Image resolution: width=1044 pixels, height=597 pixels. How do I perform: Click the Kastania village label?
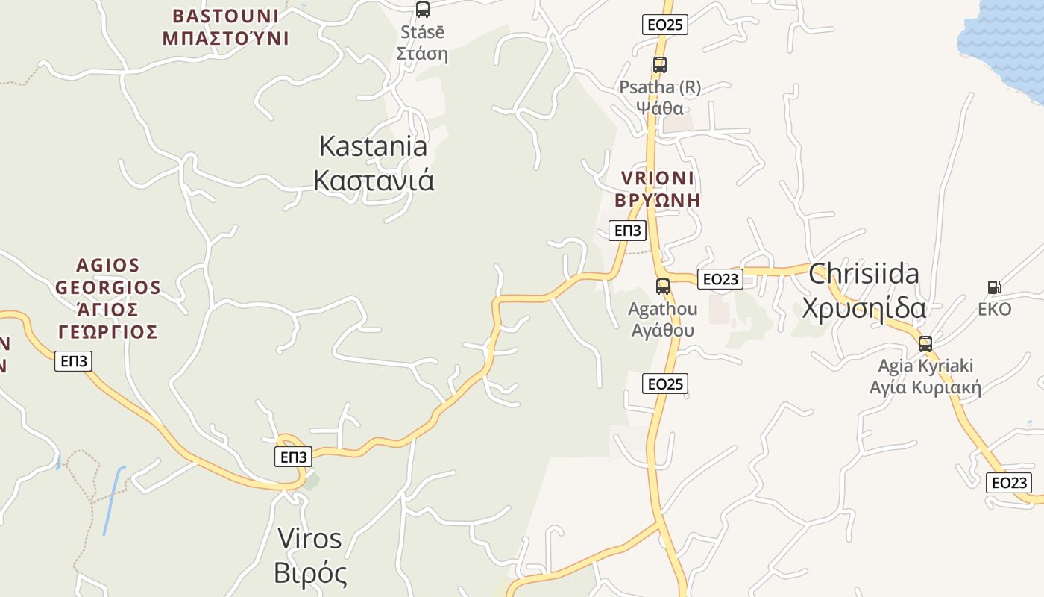[x=374, y=163]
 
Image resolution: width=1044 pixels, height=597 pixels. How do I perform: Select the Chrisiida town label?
[x=864, y=290]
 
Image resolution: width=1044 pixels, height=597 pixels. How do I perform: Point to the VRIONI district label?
[x=657, y=189]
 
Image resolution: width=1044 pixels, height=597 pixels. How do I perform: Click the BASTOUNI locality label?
[x=225, y=27]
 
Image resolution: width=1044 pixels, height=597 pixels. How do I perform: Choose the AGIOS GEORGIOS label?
[x=107, y=298]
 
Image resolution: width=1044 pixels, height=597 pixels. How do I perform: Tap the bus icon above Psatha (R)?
[x=659, y=65]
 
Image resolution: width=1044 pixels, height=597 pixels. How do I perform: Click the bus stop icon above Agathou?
[x=662, y=286]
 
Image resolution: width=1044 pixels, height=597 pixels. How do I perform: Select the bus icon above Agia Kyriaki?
[x=925, y=344]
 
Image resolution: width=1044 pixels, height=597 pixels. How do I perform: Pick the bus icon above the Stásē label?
[x=423, y=10]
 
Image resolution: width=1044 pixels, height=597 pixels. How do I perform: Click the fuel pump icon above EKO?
[x=994, y=287]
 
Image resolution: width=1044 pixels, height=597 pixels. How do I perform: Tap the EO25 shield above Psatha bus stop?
[x=664, y=25]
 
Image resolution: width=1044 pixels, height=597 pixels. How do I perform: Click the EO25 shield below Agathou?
[x=664, y=384]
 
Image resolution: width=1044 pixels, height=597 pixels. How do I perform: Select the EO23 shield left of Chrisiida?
[x=720, y=279]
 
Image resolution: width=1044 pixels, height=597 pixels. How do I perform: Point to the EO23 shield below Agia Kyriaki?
[x=1009, y=482]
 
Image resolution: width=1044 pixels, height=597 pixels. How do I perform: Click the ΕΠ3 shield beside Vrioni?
[x=627, y=231]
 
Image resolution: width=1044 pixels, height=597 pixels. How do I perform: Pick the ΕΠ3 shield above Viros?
[x=293, y=457]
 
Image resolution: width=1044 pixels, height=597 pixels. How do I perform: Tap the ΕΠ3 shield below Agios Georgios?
[x=74, y=362]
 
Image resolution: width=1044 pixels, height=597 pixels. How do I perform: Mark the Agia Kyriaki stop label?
[x=925, y=377]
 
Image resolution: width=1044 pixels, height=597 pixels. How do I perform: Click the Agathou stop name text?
[x=663, y=319]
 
